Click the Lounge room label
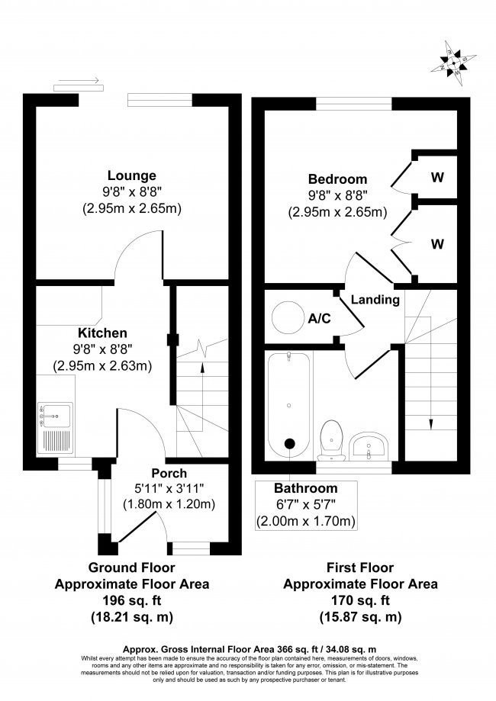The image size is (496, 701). [x=131, y=175]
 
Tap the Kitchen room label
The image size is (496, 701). [x=101, y=333]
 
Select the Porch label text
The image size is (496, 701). [x=169, y=473]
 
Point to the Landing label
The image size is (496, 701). [x=375, y=300]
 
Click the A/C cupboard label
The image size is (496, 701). [x=319, y=318]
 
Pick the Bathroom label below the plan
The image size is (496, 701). [x=305, y=488]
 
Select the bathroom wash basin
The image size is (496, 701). [x=372, y=445]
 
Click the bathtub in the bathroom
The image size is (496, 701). [x=290, y=400]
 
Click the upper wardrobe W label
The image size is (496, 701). [x=436, y=178]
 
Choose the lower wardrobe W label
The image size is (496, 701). [x=436, y=244]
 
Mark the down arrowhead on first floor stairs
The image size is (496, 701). [x=430, y=425]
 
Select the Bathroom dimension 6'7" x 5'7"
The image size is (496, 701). [x=305, y=505]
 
